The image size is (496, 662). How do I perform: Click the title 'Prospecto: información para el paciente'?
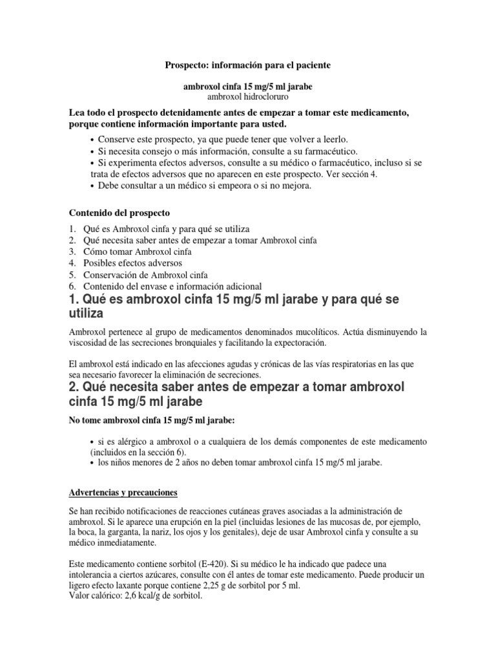248,66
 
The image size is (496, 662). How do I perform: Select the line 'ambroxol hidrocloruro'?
248,96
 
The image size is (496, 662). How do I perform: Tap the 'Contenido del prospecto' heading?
119,212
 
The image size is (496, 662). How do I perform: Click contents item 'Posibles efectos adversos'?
132,263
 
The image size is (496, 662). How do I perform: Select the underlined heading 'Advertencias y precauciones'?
123,493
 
